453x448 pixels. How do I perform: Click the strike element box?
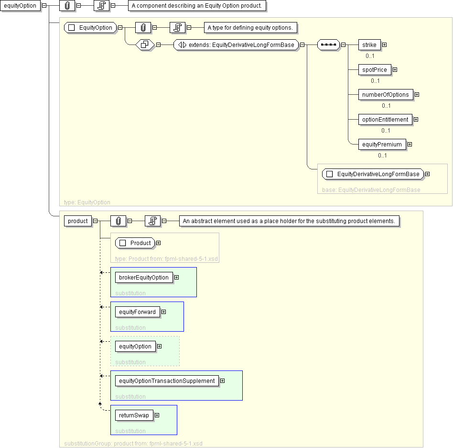point(369,45)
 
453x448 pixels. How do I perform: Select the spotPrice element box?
point(375,70)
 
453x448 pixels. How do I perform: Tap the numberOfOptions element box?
point(386,95)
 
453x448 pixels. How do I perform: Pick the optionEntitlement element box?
point(386,120)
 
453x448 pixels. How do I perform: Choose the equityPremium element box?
point(382,145)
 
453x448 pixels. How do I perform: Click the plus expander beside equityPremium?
point(410,145)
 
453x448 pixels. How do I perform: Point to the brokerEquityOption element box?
point(144,278)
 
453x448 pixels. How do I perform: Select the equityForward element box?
point(138,312)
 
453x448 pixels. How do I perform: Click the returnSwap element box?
point(134,415)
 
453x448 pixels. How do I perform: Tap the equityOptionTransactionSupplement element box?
point(167,381)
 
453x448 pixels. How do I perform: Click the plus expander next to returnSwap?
point(157,415)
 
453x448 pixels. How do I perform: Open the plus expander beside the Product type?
point(158,243)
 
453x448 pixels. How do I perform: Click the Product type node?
point(135,243)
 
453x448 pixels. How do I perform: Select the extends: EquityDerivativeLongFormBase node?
point(236,45)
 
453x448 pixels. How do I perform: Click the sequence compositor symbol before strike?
point(328,45)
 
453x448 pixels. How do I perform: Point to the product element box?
point(78,221)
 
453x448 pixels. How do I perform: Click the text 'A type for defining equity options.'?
point(250,28)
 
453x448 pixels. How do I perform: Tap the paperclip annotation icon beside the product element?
point(118,221)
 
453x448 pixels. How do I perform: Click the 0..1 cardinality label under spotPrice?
point(375,81)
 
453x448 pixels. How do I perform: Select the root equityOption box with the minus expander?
point(20,5)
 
